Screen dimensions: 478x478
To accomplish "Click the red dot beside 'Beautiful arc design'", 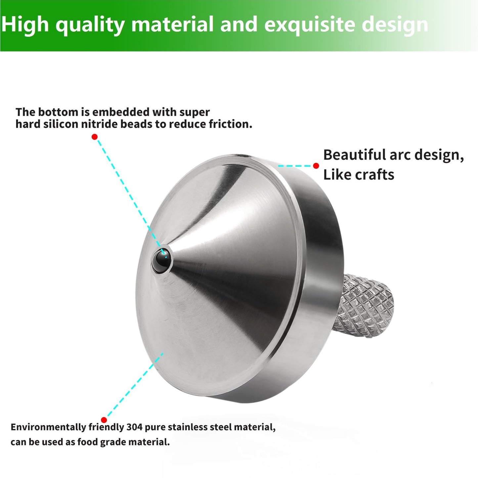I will click(x=316, y=166).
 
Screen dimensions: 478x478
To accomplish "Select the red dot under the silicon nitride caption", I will click(x=95, y=137).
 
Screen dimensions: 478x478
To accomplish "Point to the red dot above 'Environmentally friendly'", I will click(x=104, y=420).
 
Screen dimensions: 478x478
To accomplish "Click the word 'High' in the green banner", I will click(x=25, y=25).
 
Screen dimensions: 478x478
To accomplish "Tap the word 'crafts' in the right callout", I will click(x=374, y=175).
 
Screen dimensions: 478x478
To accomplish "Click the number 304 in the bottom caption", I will click(x=134, y=427).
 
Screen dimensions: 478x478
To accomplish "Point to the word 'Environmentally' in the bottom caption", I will click(x=48, y=427).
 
